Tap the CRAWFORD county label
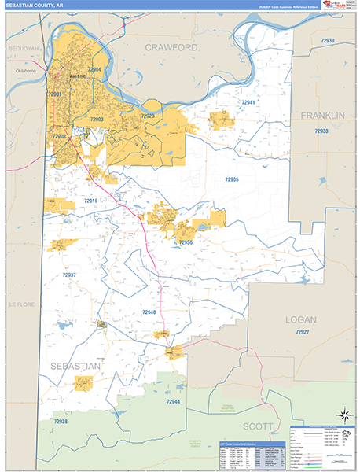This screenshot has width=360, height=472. (x=171, y=48)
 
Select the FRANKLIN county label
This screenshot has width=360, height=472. (x=322, y=116)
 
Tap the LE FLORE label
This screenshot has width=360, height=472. (x=18, y=304)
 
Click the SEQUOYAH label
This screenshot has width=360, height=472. (x=23, y=48)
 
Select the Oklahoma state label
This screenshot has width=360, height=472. (x=25, y=71)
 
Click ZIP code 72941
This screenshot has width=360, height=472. (x=248, y=103)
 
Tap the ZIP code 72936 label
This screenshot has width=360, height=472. (x=186, y=242)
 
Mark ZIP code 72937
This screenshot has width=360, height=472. (x=69, y=275)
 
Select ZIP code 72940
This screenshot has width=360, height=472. (x=149, y=312)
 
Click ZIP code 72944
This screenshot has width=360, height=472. (x=173, y=401)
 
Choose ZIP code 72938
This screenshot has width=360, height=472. (x=61, y=422)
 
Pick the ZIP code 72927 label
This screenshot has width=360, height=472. (x=303, y=333)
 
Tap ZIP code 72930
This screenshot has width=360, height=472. (x=328, y=40)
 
